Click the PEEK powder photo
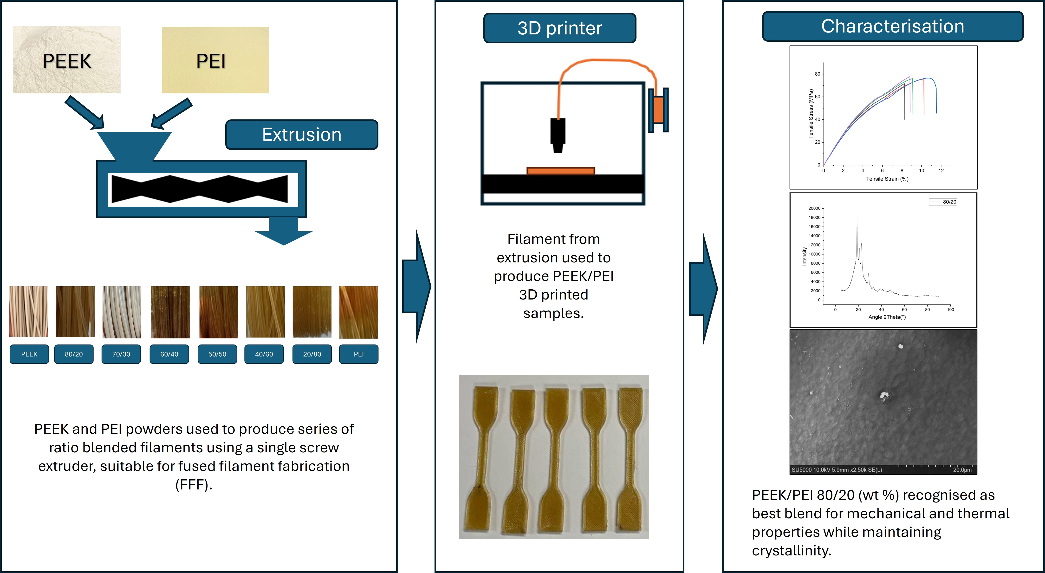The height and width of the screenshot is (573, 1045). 66,60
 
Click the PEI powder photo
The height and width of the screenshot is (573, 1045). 215,60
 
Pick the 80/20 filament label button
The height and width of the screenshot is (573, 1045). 74,354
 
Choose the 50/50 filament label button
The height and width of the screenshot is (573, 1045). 217,354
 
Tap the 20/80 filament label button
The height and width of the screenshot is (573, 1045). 312,354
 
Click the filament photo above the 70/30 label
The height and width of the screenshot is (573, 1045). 122,312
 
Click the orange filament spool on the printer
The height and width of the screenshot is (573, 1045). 658,110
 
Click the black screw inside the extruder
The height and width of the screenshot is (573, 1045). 200,189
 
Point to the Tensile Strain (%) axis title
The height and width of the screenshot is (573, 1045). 887,179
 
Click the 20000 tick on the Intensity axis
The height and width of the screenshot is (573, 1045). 814,208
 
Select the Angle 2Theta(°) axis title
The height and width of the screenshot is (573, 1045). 887,317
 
